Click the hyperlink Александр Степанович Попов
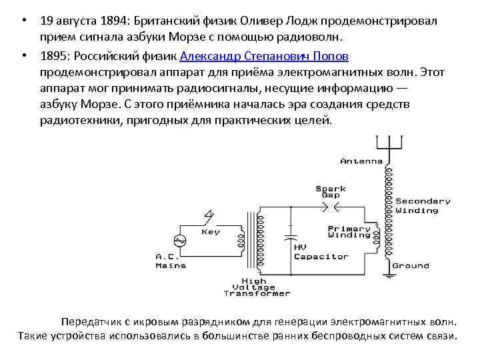pos(264,56)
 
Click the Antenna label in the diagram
pos(361,161)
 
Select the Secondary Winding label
pos(423,205)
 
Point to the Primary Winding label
pos(349,231)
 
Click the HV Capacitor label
pos(321,252)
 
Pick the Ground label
pos(410,265)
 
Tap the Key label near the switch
pos(211,232)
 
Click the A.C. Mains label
pos(171,261)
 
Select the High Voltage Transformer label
pos(257,287)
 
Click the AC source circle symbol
pos(179,239)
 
